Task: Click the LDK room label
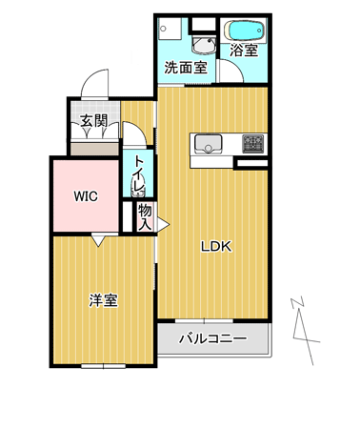(217, 247)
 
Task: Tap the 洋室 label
(103, 300)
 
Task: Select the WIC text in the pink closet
(86, 196)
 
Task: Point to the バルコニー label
(212, 338)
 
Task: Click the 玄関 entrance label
(93, 121)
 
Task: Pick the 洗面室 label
(186, 68)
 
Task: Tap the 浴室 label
(244, 51)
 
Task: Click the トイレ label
(139, 174)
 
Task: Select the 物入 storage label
(145, 217)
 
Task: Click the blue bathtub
(244, 31)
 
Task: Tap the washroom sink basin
(204, 45)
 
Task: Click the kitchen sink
(208, 144)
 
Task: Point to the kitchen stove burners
(253, 144)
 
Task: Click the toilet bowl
(138, 188)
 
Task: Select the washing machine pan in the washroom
(170, 29)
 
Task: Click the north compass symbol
(305, 331)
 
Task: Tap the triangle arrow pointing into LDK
(163, 224)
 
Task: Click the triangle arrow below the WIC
(98, 240)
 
